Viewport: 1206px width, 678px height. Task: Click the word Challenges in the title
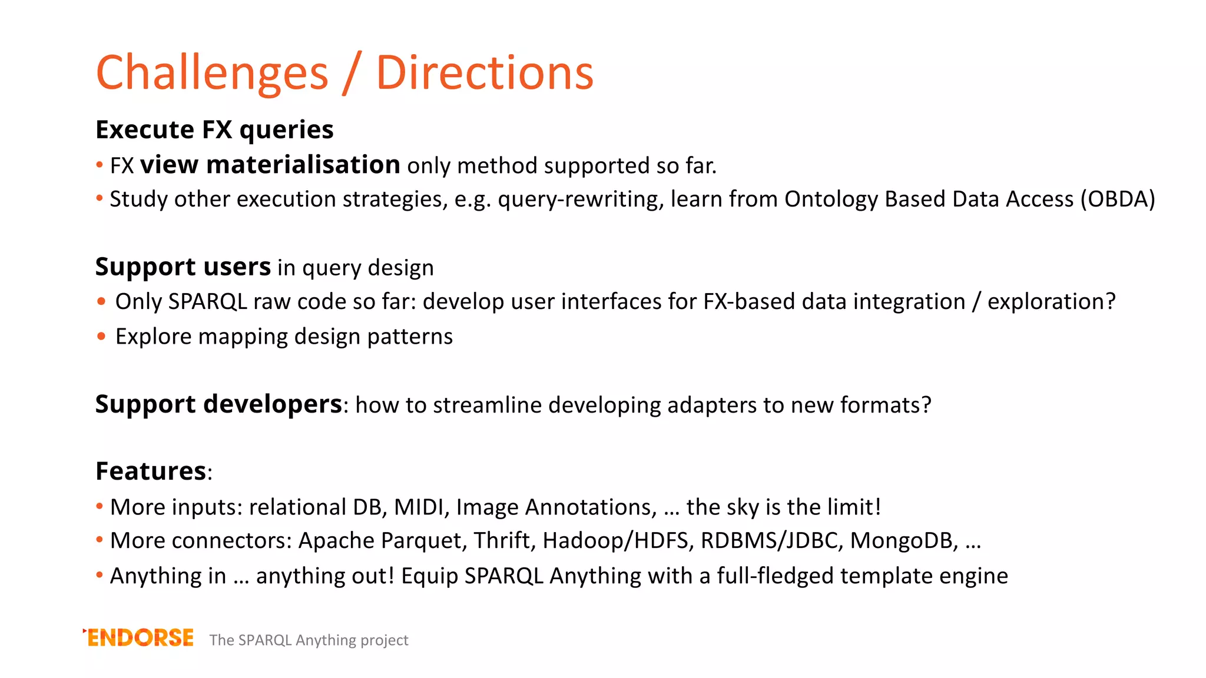(212, 73)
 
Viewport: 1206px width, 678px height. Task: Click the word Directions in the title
(484, 73)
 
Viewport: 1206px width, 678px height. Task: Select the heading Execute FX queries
(214, 129)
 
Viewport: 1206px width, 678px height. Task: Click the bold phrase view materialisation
(270, 165)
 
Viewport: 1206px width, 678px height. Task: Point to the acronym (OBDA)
(1117, 199)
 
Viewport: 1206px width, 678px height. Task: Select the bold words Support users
(183, 267)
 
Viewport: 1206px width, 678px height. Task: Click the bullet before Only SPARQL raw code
(101, 302)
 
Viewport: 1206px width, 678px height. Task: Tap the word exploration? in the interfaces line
(1051, 301)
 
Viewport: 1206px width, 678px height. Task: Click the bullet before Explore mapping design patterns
(101, 337)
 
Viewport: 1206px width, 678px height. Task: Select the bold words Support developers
(218, 404)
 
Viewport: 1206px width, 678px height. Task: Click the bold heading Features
(151, 471)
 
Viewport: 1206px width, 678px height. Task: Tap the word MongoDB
(903, 540)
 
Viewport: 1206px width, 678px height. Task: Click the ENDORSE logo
(139, 638)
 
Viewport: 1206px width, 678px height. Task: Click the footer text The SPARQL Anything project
(309, 640)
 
